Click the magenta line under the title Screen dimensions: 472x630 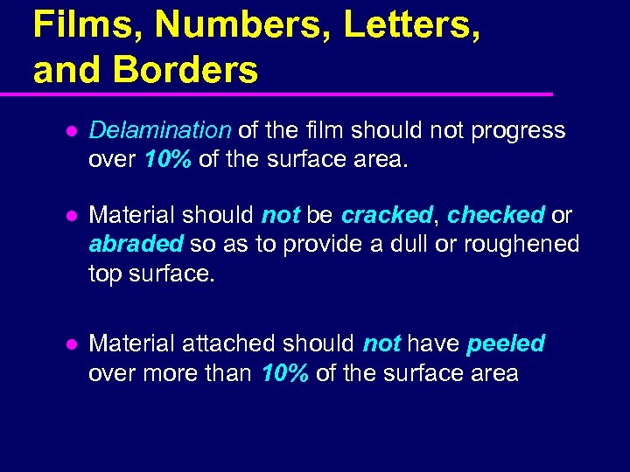coord(289,94)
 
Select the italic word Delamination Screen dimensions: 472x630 coord(160,130)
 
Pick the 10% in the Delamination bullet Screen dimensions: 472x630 coord(162,160)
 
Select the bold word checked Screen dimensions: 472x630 coord(495,215)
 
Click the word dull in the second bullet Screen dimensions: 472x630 coord(389,244)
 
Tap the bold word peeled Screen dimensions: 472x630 coord(506,344)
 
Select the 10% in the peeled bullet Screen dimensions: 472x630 coord(284,373)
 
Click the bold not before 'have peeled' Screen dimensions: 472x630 coord(381,344)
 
